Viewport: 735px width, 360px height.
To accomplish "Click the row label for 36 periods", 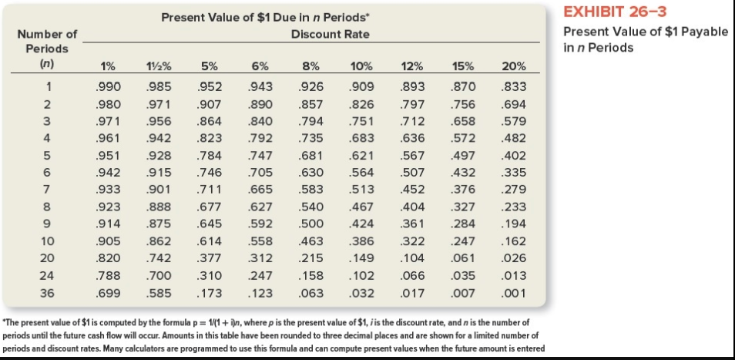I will (x=47, y=293).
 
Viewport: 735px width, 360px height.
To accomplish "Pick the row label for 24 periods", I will (x=47, y=275).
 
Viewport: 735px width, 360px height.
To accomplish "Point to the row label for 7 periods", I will (x=47, y=190).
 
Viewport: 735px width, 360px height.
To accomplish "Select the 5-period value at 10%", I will (x=361, y=156).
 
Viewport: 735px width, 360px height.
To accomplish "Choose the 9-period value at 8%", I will (x=312, y=224).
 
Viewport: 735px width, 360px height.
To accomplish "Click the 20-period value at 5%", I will (x=210, y=258).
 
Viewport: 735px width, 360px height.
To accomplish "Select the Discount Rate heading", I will (x=330, y=34).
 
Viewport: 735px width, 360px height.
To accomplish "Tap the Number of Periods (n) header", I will (x=47, y=48).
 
